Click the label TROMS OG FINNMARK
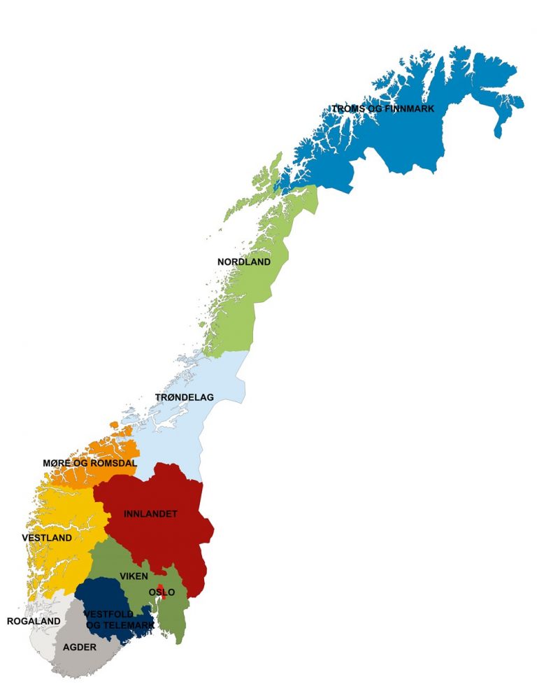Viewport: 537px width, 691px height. pos(382,108)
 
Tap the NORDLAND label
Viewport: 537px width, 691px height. pos(243,262)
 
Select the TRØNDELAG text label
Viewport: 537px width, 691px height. pos(184,397)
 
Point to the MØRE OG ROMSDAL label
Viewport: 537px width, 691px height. pos(89,463)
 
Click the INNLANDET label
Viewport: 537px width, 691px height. pos(150,514)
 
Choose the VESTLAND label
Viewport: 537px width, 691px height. pos(47,538)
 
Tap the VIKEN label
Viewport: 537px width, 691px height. pos(134,576)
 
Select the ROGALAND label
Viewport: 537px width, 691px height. pos(33,621)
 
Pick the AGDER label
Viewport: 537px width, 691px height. pos(79,647)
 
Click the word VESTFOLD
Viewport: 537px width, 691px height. pos(108,614)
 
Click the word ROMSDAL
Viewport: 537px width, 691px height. pos(113,463)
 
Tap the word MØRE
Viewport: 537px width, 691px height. pos(55,463)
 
